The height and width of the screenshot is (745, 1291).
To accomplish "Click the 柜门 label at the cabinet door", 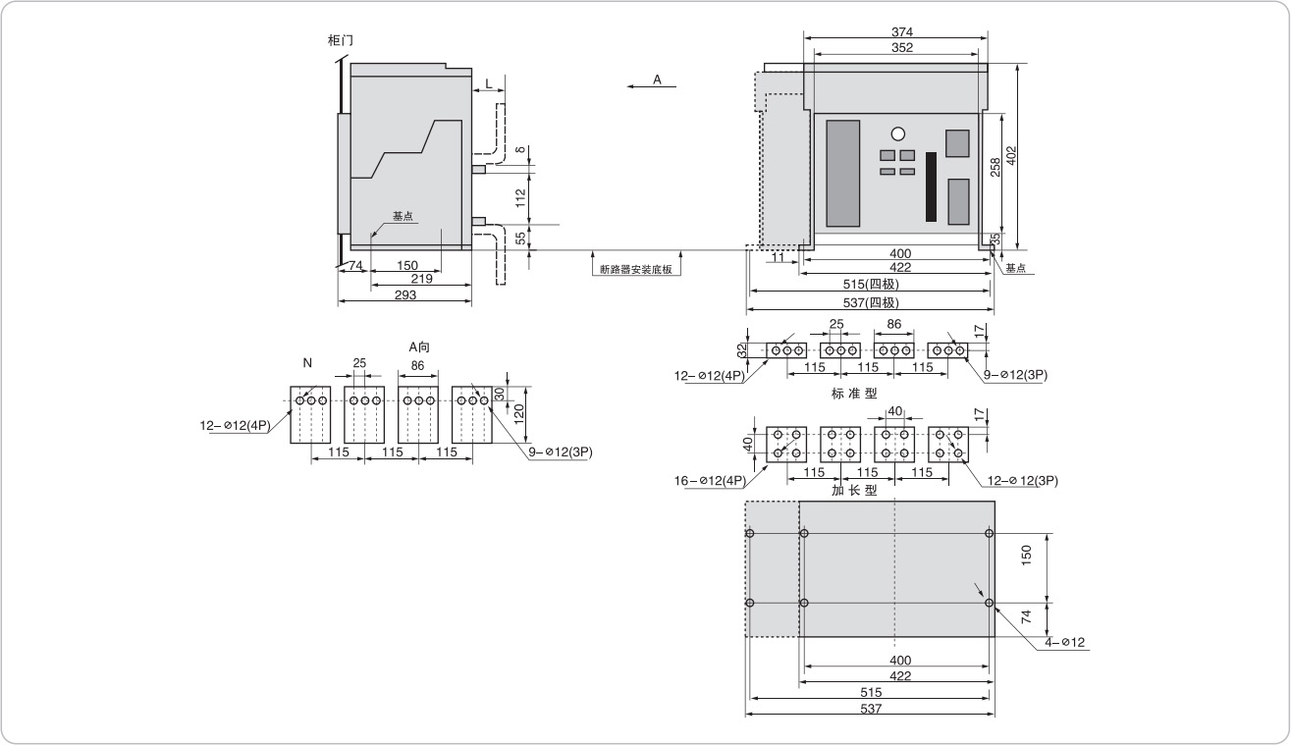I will point(340,40).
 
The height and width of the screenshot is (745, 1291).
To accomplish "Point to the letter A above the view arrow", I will point(657,79).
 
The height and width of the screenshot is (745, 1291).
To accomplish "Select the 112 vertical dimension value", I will point(520,198).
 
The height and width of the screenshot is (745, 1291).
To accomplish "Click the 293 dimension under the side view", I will point(404,293).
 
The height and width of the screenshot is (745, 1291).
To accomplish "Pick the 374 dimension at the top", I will point(895,31).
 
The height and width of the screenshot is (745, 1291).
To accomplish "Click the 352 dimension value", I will point(895,47).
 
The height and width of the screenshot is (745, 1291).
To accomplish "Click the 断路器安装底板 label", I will point(635,269).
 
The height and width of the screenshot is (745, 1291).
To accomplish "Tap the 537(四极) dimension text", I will point(870,302).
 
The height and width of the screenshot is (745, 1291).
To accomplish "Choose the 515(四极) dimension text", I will point(870,285).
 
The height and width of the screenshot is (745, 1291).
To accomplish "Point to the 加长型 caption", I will point(854,490).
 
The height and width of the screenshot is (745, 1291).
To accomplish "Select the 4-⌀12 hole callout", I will point(1064,643).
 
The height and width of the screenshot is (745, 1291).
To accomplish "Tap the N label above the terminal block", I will point(307,363).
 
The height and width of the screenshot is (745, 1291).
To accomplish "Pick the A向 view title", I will point(419,346).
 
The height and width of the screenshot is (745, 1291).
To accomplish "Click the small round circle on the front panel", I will point(897,134).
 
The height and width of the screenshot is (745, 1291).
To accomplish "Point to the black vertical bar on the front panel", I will point(931,186).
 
